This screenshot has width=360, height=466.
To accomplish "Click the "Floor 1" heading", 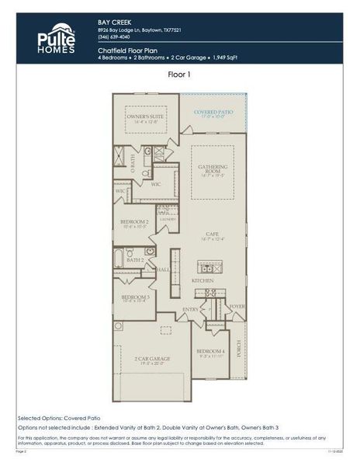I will [179, 75].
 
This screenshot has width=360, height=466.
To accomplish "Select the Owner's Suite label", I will [137, 116].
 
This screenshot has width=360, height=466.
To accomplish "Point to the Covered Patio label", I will [213, 113].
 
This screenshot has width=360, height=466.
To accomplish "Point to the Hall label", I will [164, 270].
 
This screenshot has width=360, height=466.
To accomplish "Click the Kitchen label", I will [202, 280].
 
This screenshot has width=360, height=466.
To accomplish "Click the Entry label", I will [190, 309].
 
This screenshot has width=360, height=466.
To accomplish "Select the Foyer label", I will [237, 306].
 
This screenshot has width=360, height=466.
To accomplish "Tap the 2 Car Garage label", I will [151, 359].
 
